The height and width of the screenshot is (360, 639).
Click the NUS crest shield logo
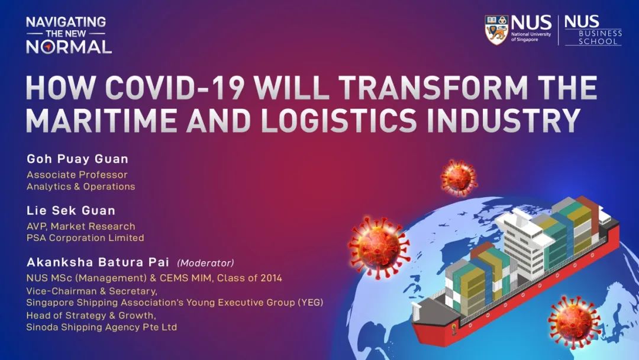pos(496,30)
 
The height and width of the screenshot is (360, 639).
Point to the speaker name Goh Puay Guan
pos(78,159)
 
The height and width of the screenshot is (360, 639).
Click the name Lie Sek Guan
pos(71,211)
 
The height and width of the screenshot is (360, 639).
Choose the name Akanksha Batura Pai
pos(98,262)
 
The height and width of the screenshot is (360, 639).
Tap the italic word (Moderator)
pos(206,263)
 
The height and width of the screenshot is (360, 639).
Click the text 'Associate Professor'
pos(77,175)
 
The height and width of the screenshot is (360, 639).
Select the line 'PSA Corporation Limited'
pos(85,237)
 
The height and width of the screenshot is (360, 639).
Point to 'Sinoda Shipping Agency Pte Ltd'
pos(102,327)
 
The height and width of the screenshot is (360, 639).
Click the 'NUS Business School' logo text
pos(593,30)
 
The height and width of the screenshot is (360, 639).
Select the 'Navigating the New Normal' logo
pos(69,35)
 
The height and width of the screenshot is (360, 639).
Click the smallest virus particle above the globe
pos(459,178)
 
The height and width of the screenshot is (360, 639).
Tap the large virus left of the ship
pos(379,247)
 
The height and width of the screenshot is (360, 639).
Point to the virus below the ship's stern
pos(575,322)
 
